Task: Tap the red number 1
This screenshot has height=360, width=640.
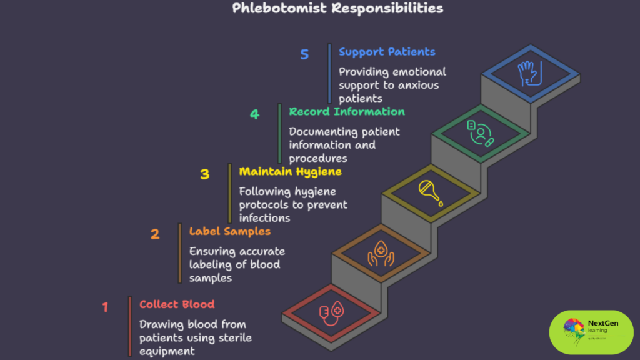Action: (105, 307)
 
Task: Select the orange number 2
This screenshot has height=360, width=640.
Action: (155, 234)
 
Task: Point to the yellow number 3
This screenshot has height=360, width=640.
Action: (204, 174)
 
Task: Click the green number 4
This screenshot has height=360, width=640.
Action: (254, 114)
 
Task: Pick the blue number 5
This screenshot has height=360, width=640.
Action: (304, 54)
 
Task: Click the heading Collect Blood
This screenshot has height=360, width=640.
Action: (177, 304)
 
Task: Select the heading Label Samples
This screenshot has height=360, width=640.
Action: (230, 231)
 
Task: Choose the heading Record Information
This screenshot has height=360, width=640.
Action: (347, 111)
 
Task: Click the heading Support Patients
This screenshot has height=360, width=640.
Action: (387, 51)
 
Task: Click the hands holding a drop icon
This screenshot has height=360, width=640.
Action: (381, 253)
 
